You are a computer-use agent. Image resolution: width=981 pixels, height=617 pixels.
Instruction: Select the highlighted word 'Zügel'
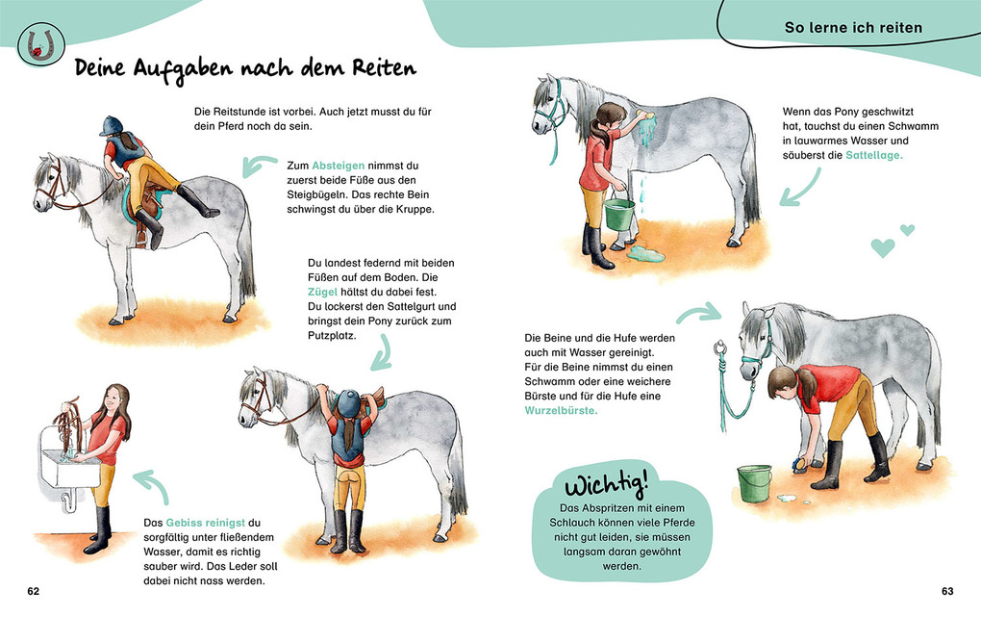[x=324, y=292]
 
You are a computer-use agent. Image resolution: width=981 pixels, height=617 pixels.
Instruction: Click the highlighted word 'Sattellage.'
[x=874, y=155]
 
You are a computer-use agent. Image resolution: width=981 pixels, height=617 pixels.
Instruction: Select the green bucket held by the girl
[x=619, y=213]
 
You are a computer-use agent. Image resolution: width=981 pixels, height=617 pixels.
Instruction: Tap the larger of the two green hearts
[x=882, y=247]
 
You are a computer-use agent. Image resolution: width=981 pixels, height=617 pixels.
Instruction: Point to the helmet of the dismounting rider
[x=113, y=125]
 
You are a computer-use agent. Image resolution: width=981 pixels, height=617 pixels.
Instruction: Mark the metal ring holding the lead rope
[x=717, y=347]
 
